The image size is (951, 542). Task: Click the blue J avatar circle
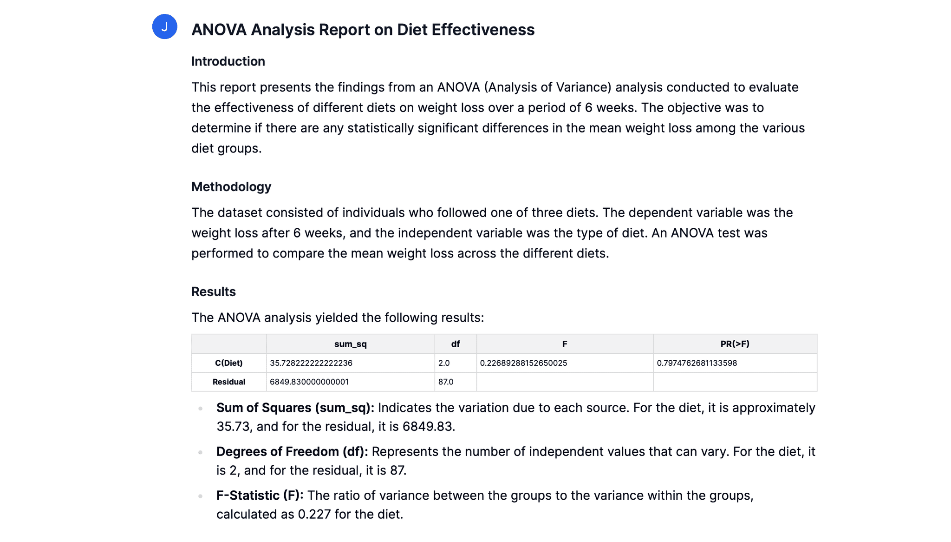(164, 26)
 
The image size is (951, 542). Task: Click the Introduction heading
(228, 61)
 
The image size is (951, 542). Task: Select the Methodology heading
(231, 187)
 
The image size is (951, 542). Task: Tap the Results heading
(214, 291)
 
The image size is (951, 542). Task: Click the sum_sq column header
(351, 344)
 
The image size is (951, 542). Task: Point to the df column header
(456, 344)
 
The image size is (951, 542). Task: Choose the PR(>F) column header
(735, 344)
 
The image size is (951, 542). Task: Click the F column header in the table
(565, 344)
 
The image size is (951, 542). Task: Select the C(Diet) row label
(229, 363)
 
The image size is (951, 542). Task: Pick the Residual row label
(229, 382)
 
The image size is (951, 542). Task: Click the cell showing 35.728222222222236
(311, 363)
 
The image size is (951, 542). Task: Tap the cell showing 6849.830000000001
(309, 382)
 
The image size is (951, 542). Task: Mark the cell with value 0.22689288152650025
(523, 363)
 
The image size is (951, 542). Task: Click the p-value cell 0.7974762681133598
(697, 363)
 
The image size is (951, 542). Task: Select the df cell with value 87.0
(446, 382)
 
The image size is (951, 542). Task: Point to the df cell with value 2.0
(444, 363)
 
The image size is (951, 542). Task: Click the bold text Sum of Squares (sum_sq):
(295, 408)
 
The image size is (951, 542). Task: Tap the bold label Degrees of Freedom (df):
(292, 452)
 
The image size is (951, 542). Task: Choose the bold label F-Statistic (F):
(260, 496)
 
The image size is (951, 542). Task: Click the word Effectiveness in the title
(483, 30)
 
